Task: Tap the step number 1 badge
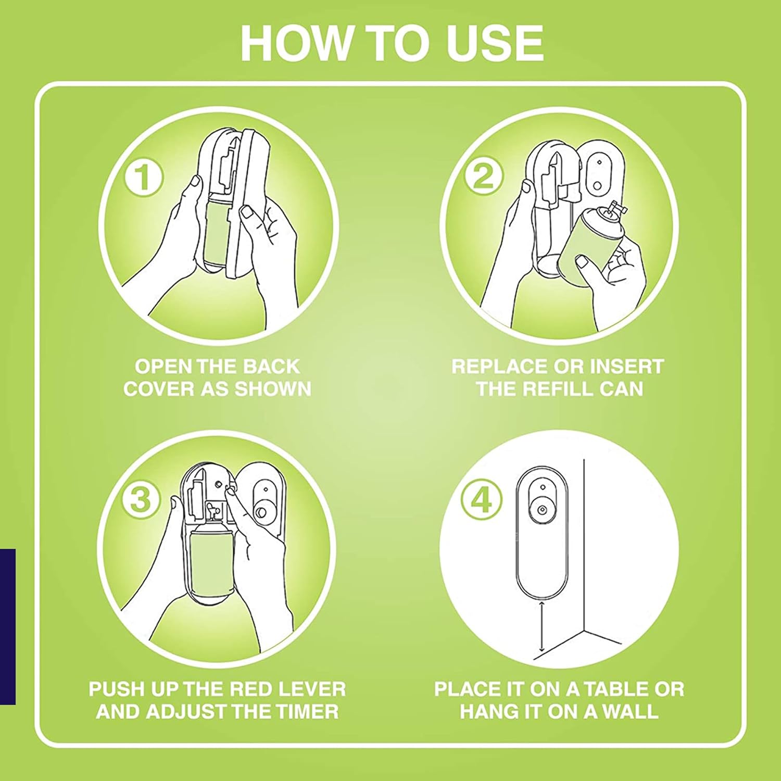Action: click(143, 177)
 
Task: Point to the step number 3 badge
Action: click(141, 499)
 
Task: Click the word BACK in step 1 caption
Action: click(272, 367)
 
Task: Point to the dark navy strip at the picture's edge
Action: click(8, 626)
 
